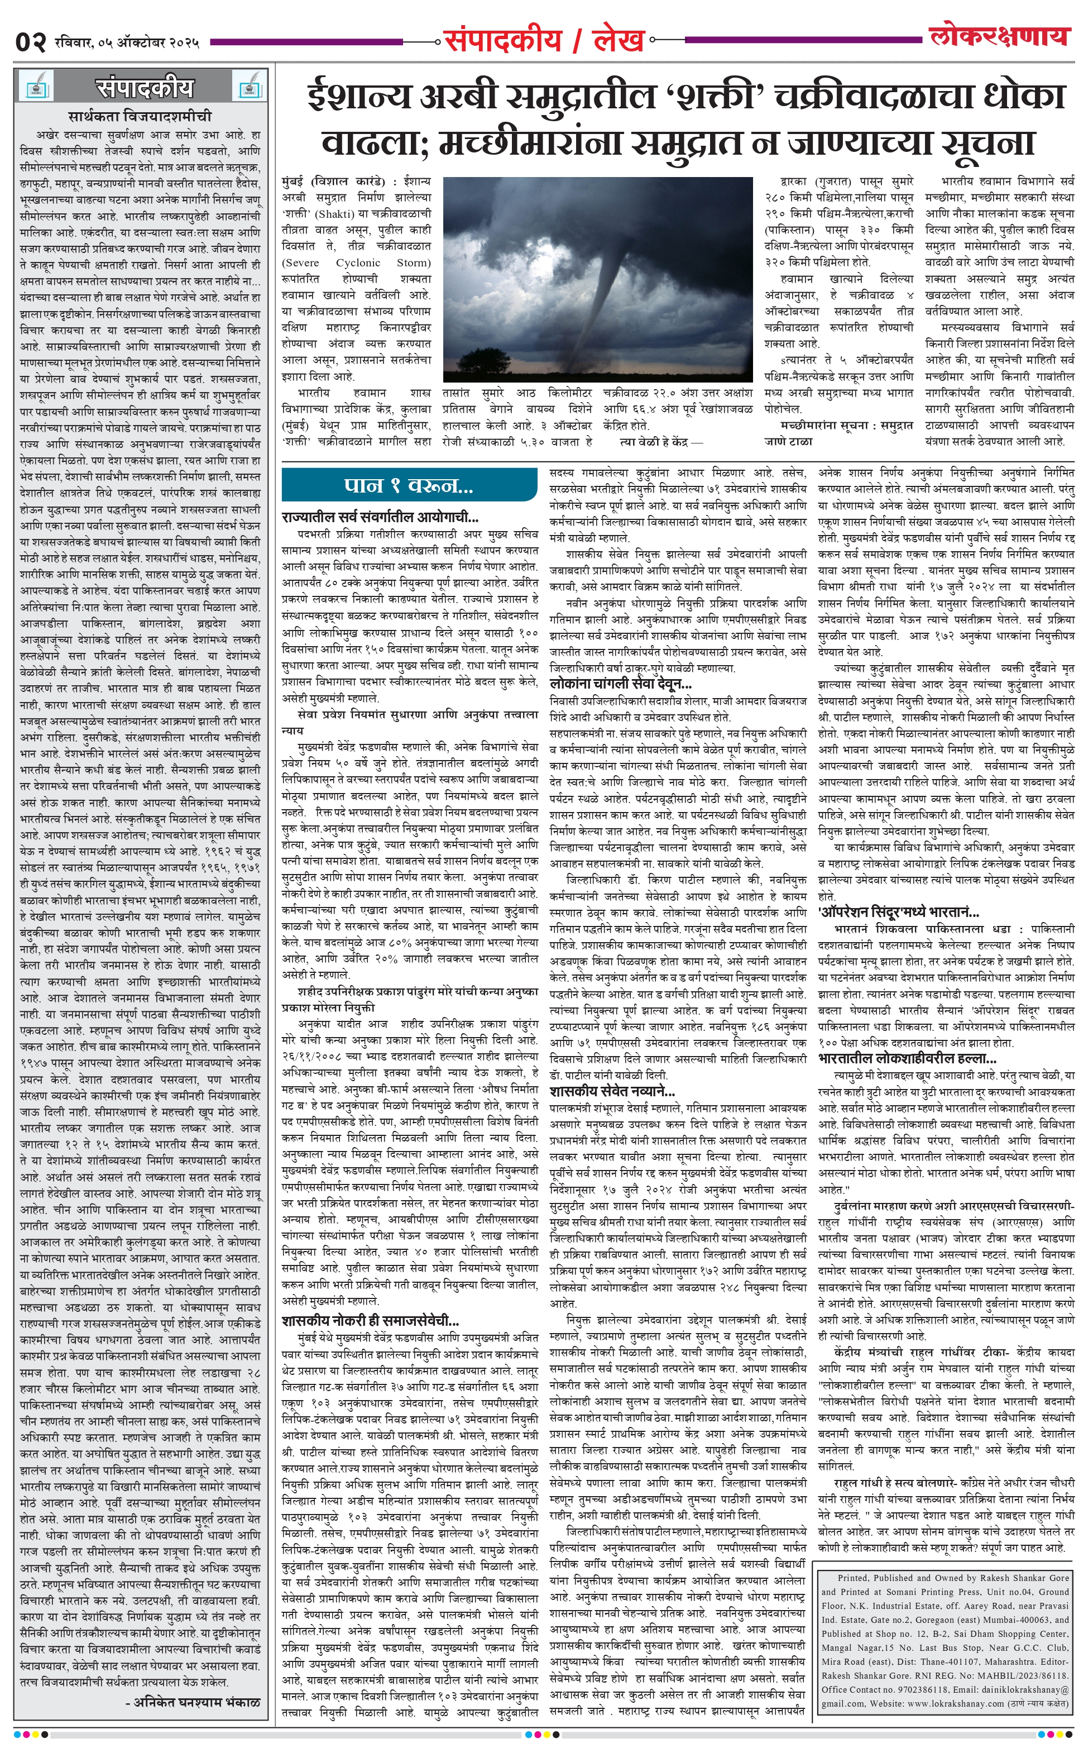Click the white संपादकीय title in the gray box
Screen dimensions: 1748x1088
point(144,87)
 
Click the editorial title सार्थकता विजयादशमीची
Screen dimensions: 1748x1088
point(140,116)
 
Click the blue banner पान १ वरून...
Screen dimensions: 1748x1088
point(409,486)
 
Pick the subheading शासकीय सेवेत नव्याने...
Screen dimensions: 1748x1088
point(612,1091)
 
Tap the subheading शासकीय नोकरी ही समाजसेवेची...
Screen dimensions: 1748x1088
point(371,1321)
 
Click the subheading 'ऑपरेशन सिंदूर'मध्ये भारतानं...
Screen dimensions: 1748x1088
point(899,913)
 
